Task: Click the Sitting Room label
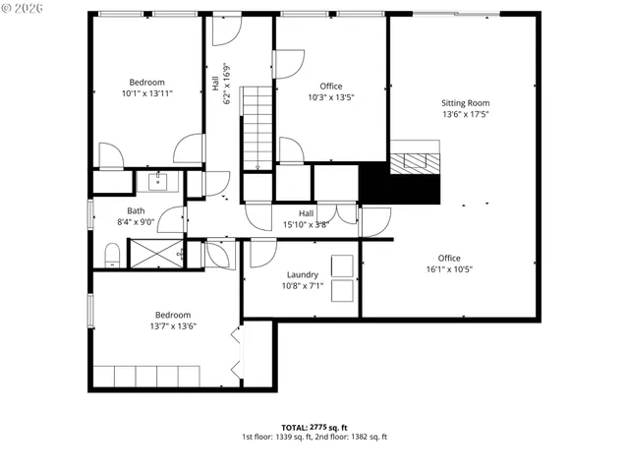pos(465,103)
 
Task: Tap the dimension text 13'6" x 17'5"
pos(465,115)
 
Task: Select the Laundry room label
pos(302,275)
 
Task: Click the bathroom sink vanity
pos(158,182)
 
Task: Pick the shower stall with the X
pos(152,254)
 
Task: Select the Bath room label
pos(136,210)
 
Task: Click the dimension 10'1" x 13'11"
pos(146,93)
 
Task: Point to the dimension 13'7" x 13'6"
pos(146,325)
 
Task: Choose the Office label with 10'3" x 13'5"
pos(330,87)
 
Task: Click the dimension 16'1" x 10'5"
pos(449,269)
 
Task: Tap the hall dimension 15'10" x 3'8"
pos(306,224)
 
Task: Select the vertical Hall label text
pos(215,86)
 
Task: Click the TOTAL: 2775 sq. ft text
pos(314,427)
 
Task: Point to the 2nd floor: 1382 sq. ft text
pos(352,437)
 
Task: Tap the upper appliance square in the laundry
pos(343,265)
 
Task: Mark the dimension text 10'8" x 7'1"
pos(302,286)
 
